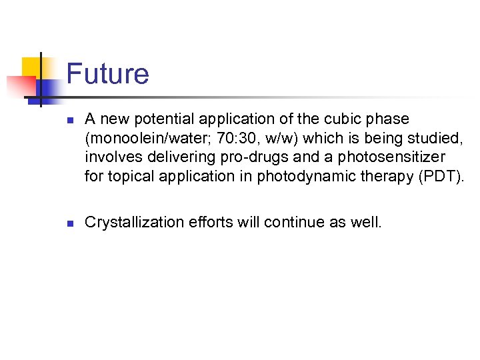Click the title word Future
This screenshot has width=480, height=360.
click(107, 73)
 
